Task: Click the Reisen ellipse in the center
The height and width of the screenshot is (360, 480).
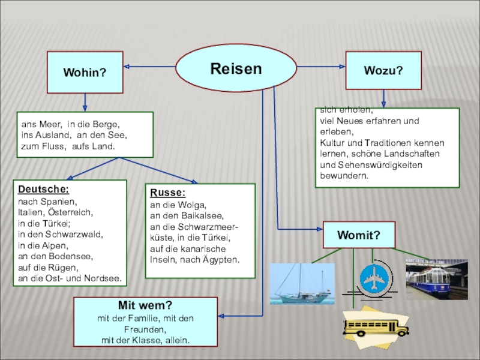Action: [236, 68]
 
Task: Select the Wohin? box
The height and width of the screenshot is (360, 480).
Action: [85, 72]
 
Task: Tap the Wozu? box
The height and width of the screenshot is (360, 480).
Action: [383, 70]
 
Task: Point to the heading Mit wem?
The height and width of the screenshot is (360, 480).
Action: [145, 306]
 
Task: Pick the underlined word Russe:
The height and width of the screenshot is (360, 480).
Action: [167, 193]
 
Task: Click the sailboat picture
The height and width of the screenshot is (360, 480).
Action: [302, 284]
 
